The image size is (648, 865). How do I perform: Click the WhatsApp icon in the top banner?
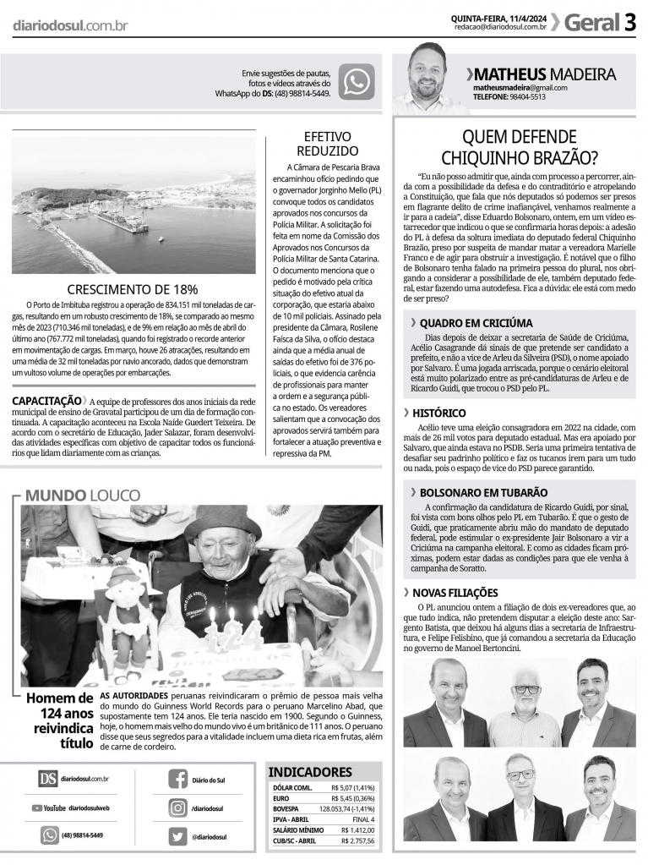(x=356, y=82)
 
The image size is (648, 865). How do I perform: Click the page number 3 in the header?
(x=630, y=23)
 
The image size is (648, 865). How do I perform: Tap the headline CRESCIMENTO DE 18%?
(x=133, y=289)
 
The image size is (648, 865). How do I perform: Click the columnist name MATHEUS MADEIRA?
(x=545, y=74)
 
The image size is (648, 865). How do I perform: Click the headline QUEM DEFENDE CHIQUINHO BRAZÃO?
(x=519, y=146)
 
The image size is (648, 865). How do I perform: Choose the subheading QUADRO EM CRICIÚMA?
(x=476, y=323)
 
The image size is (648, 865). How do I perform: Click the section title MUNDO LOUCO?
(x=83, y=495)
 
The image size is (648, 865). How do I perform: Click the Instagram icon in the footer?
(x=178, y=808)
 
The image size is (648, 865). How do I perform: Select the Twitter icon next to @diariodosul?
(x=178, y=835)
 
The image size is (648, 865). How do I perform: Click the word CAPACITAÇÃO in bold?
(x=46, y=400)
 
